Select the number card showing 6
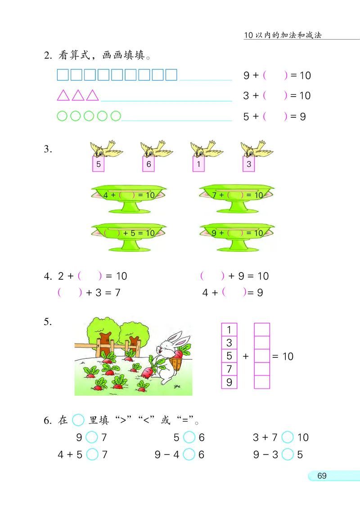(148, 164)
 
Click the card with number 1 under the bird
(198, 164)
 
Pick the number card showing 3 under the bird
(249, 164)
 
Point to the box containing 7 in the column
(229, 369)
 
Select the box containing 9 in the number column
(229, 382)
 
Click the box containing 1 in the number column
(229, 330)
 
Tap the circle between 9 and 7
(92, 437)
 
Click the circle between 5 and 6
(189, 437)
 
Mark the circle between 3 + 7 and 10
(287, 437)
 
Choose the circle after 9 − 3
(287, 455)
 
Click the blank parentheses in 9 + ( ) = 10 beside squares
(275, 76)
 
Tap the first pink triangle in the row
(63, 95)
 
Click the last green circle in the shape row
(116, 116)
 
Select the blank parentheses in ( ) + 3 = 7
(70, 293)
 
